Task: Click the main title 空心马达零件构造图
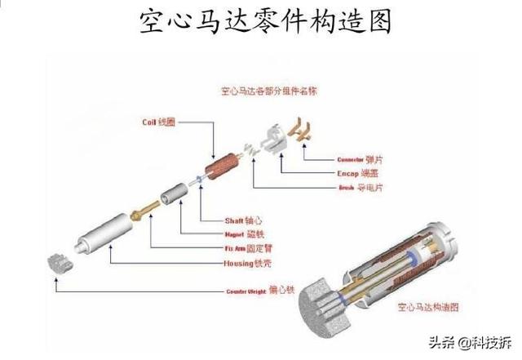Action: [262, 21]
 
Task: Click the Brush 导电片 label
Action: [360, 187]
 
